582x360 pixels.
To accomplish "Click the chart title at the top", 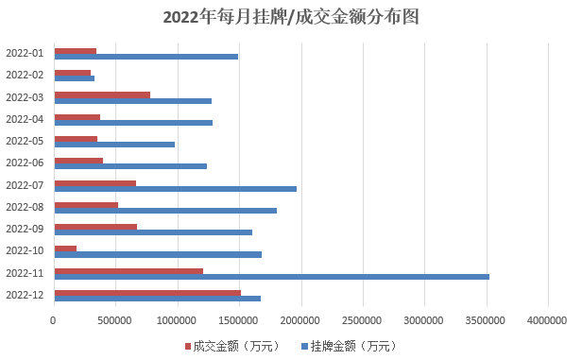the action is [x=291, y=17].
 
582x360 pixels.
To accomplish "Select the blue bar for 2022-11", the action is [x=272, y=277].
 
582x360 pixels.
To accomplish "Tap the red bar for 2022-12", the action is [x=147, y=293].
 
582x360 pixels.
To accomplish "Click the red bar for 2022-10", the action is [x=65, y=249].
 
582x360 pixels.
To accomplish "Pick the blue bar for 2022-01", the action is [x=146, y=57].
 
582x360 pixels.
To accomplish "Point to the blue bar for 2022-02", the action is [x=75, y=78].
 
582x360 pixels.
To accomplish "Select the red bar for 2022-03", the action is [x=102, y=95].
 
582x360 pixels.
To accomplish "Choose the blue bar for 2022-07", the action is [x=176, y=189].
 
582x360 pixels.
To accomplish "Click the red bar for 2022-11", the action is [x=128, y=271].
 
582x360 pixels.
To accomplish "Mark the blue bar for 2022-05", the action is [x=114, y=145].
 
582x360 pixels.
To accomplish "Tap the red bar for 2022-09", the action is [x=95, y=227].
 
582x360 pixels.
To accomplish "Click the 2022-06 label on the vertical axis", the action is [x=25, y=163].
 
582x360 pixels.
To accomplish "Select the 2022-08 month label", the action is [x=25, y=207].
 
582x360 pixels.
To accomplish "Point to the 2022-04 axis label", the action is [x=25, y=119].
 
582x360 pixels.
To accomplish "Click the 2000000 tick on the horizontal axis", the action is [x=300, y=320].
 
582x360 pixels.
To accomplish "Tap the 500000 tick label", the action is [x=114, y=320].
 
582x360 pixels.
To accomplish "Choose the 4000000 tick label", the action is [x=547, y=320].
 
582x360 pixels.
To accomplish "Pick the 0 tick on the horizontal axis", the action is [x=53, y=320].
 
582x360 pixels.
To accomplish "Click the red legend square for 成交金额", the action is [x=188, y=346].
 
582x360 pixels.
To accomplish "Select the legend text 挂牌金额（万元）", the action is [x=353, y=346].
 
